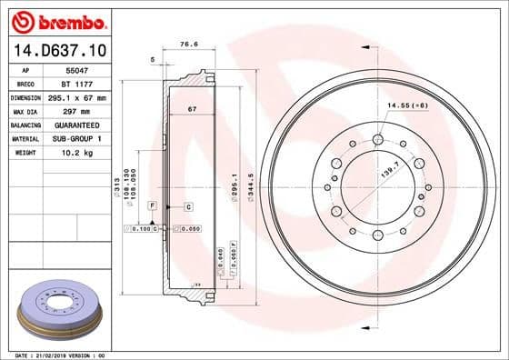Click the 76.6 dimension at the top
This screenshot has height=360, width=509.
pos(189,42)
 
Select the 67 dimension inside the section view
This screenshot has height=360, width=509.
pos(192,109)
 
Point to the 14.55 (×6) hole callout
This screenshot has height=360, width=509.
pos(408,106)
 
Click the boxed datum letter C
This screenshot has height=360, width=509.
pos(187,207)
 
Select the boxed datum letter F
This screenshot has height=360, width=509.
pos(152,207)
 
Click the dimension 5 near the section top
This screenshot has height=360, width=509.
pos(154,59)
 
